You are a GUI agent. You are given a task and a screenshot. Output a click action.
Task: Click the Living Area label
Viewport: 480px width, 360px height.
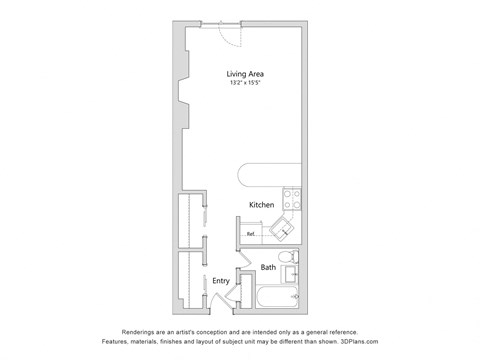[x=245, y=74]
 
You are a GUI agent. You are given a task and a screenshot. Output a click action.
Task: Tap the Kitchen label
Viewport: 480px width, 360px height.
[x=262, y=205]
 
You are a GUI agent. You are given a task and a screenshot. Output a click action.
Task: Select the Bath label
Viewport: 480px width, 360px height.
[x=269, y=267]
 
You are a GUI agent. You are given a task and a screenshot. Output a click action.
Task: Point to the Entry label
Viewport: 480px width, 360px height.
[x=221, y=281]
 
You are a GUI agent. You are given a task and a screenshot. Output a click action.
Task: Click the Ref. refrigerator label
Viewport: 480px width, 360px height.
[x=251, y=234]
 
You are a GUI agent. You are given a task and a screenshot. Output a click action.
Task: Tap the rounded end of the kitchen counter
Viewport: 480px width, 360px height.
[x=248, y=177]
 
